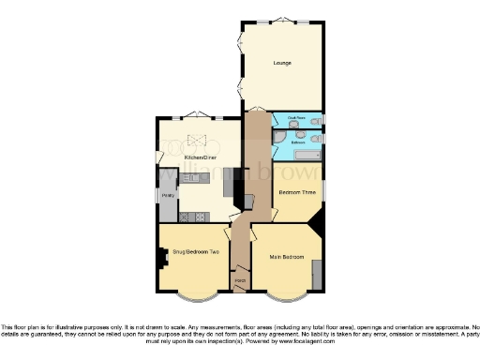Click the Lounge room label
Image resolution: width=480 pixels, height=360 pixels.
click(282, 63)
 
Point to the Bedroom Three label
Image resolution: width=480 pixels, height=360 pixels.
click(294, 191)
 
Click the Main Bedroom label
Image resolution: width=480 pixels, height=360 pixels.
click(287, 256)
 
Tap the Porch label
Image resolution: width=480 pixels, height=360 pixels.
click(240, 280)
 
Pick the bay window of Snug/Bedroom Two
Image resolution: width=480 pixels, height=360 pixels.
click(194, 297)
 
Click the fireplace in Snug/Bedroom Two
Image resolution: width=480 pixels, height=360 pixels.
click(164, 255)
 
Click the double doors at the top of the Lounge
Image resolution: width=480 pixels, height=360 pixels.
click(282, 20)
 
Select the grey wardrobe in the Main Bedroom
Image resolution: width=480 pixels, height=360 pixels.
click(317, 274)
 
